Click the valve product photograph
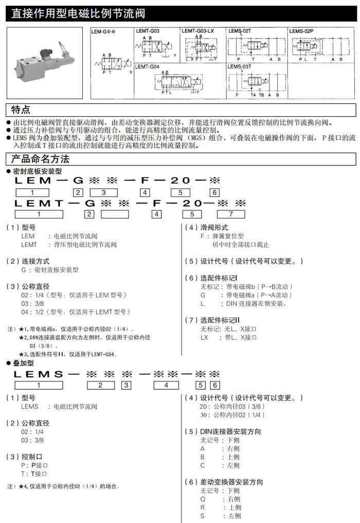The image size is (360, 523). coord(45,62)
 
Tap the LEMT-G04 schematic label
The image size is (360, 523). coord(147,66)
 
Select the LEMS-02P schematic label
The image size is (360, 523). coord(301,31)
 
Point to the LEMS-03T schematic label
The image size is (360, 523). coord(239,66)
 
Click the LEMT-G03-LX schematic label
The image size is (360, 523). coord(197,31)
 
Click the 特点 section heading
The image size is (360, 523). coord(21,110)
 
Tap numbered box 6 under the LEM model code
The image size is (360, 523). coord(214,193)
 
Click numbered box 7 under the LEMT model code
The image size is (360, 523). coord(231,214)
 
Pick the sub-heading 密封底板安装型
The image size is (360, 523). coord(37,171)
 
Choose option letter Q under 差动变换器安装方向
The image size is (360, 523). coord(203,499)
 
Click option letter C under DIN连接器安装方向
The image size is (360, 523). coord(203,465)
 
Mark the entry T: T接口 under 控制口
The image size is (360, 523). coord(34,474)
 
